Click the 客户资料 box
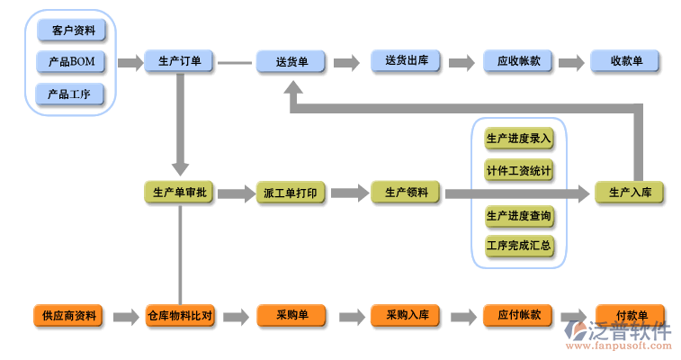pos(71,31)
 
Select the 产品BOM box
pos(71,62)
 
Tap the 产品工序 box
pos(69,94)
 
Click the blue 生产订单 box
pos(179,61)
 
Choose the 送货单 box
pos(291,61)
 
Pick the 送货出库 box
pos(406,61)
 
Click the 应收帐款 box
pos(518,61)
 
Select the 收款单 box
pos(626,61)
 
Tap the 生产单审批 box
pos(179,193)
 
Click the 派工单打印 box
pos(291,193)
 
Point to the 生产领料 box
pos(406,192)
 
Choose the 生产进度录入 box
pos(519,139)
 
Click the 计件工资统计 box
pos(519,170)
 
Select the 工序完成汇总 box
pos(519,245)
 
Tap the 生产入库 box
pos(630,193)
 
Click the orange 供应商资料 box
pos(68,316)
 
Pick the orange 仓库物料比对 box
pos(179,316)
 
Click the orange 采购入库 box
pos(406,316)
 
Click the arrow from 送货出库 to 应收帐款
pos(461,62)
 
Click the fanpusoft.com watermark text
pos(630,346)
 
